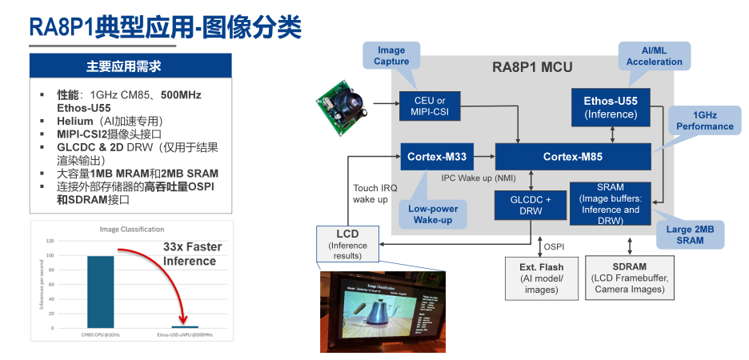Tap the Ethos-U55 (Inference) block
611,107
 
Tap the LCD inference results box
347,244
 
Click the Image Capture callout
391,55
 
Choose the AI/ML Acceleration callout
654,55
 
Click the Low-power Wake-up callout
432,214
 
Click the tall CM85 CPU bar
100,291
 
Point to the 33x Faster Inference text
192,254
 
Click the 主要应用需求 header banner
130,66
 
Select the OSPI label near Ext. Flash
555,246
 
